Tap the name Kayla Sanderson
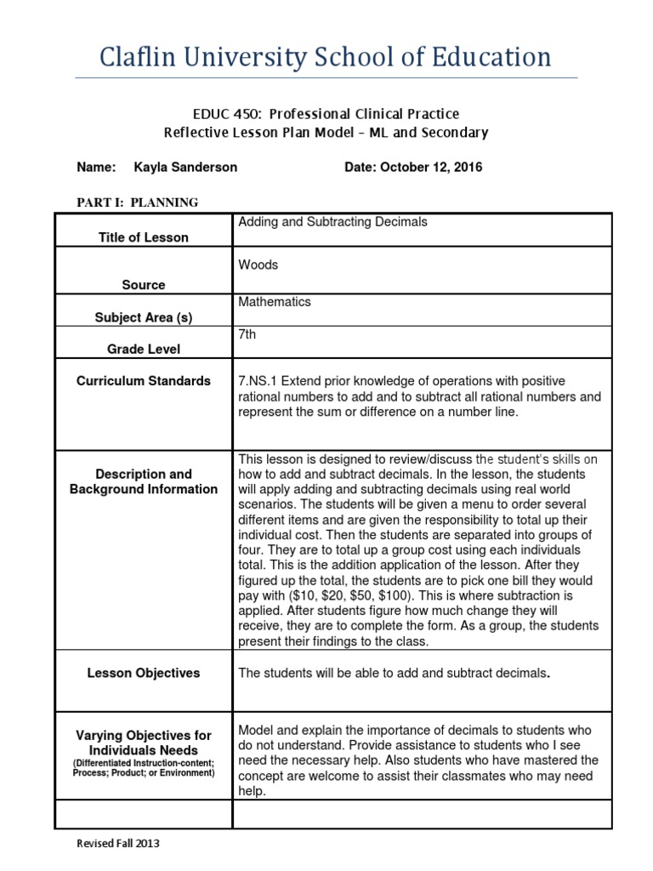pos(186,168)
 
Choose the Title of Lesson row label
pos(143,237)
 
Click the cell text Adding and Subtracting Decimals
pos(332,222)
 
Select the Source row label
pos(143,285)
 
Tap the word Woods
pos(258,265)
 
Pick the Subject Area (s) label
pos(143,318)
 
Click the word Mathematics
pos(275,302)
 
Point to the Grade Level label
pos(143,349)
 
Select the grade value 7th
pos(247,335)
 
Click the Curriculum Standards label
pos(143,381)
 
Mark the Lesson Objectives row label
pos(143,673)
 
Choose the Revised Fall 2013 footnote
pos(118,844)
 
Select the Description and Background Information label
pos(143,481)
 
